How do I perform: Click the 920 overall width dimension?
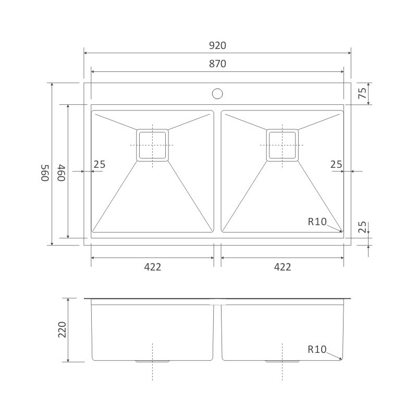(x=217, y=45)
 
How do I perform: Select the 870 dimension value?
(x=217, y=64)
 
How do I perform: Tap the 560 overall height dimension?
(x=45, y=173)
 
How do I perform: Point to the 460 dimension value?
(x=62, y=173)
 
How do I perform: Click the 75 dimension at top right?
(x=362, y=93)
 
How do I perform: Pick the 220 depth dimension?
(x=62, y=330)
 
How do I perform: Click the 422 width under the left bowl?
(x=153, y=267)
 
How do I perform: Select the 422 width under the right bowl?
(x=283, y=267)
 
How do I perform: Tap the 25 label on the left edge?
(x=100, y=164)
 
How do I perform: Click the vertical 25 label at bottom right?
(x=362, y=227)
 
